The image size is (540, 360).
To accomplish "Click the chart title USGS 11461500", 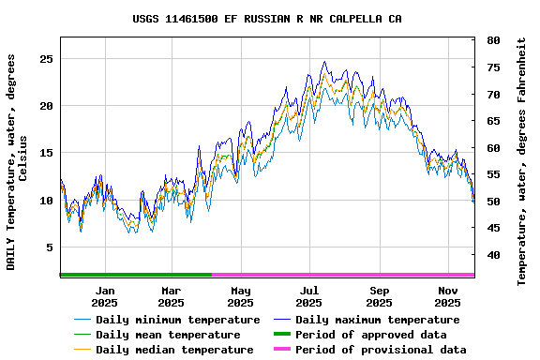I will pos(267,19).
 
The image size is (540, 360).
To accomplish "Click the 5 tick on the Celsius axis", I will pos(47,247).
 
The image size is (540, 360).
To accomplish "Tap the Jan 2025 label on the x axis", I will pos(104,296).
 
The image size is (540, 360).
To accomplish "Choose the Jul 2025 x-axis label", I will pos(308,296).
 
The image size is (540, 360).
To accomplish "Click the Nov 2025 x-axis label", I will pos(448,296).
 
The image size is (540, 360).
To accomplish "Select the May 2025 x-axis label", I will pos(240,296).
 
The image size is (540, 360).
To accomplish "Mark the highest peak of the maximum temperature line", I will pos(324,62).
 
